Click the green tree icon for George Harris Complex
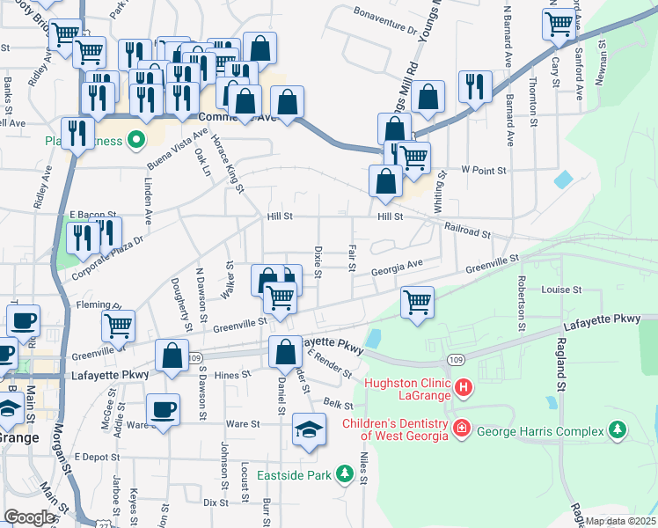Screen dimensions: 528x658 point(618,430)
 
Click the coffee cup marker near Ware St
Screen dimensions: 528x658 point(163,409)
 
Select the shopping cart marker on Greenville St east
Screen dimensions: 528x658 point(417,303)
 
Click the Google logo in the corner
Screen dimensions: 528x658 point(29,517)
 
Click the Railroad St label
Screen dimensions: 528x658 point(467,231)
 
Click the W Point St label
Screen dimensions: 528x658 point(484,170)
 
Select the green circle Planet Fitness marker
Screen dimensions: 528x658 point(135,139)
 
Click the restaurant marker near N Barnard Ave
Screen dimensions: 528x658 point(475,86)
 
